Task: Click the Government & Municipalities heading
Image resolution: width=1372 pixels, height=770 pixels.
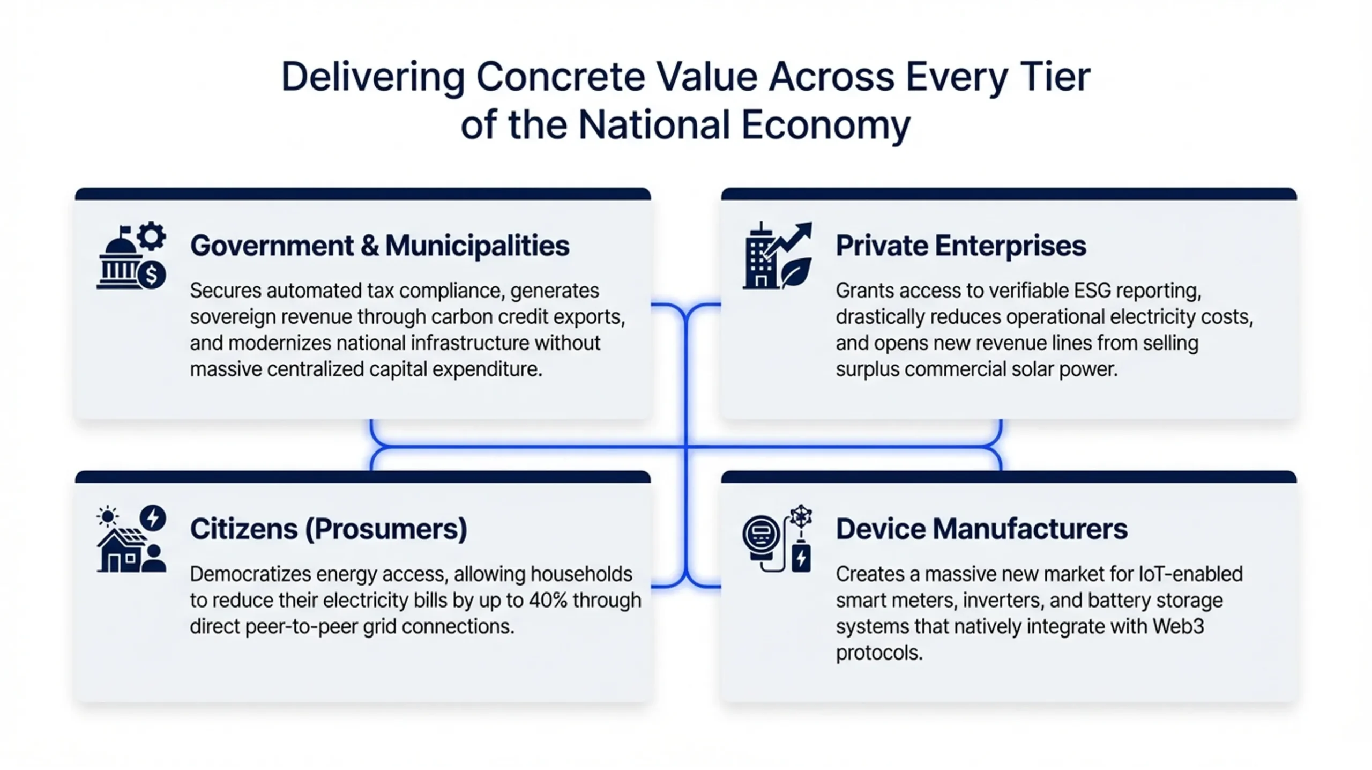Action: [379, 246]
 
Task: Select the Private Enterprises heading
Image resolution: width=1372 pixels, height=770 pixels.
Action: [961, 246]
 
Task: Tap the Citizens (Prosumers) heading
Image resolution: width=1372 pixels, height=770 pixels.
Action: [329, 529]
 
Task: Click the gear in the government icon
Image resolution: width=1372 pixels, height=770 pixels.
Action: [151, 236]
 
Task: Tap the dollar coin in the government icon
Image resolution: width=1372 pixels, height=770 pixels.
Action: [152, 276]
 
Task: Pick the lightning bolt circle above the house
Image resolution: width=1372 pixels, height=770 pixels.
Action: [153, 518]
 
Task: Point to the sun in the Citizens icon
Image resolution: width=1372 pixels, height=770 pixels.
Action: [108, 517]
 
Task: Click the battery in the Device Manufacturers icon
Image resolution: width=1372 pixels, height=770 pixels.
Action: [801, 558]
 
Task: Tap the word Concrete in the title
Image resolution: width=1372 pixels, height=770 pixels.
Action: [561, 77]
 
